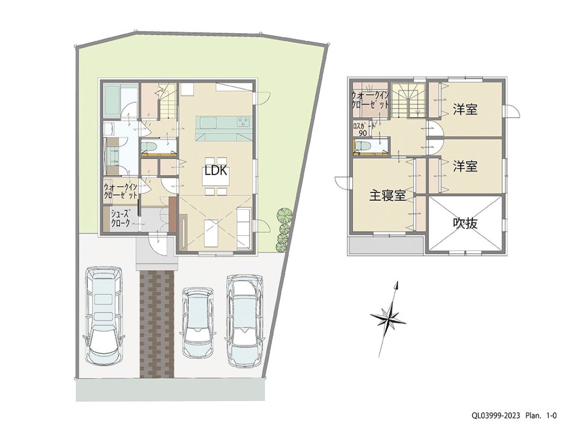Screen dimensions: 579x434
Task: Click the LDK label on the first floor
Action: (x=216, y=171)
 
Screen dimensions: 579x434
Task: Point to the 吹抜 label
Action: (x=465, y=224)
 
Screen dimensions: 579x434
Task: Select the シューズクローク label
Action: (x=120, y=218)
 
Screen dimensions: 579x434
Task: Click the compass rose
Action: (x=388, y=319)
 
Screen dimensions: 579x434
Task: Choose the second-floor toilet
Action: (x=361, y=146)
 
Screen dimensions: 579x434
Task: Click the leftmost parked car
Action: (x=103, y=316)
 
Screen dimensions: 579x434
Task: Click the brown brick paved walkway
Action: (x=157, y=324)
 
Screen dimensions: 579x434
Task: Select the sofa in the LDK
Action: (x=244, y=228)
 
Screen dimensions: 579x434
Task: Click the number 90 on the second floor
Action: (x=363, y=134)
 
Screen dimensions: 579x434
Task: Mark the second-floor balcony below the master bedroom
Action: (x=386, y=245)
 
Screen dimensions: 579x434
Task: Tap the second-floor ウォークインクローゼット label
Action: (x=370, y=100)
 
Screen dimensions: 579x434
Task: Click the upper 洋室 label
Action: (x=465, y=109)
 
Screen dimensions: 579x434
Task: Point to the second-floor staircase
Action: (x=408, y=100)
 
